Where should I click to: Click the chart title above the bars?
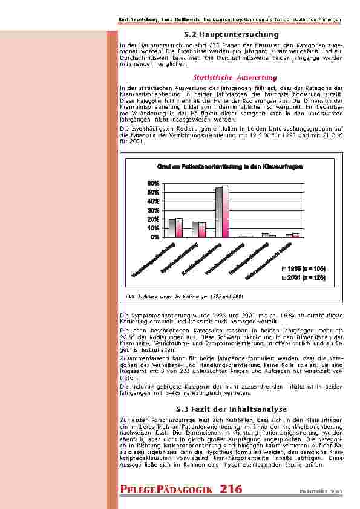click(x=229, y=166)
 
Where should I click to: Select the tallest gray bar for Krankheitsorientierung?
click(x=219, y=212)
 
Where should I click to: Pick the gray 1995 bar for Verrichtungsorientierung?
click(x=172, y=228)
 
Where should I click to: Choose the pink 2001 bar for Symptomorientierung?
click(x=202, y=230)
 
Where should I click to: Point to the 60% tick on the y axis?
click(x=153, y=183)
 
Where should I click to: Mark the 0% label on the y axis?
click(x=155, y=237)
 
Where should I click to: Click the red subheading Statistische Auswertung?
click(x=227, y=78)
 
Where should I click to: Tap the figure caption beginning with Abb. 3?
click(x=185, y=297)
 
